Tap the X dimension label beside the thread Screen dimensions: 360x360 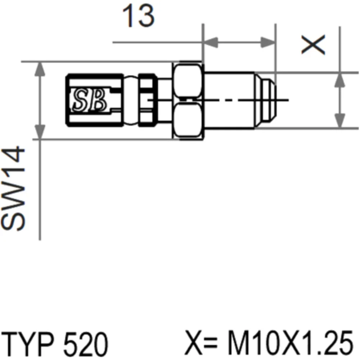tap(313, 45)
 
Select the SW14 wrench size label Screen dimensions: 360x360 tap(13, 188)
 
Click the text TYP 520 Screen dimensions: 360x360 tap(55, 343)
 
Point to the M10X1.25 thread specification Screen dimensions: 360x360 tap(291, 343)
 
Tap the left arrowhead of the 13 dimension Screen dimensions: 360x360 tap(211, 42)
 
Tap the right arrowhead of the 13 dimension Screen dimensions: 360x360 tap(268, 42)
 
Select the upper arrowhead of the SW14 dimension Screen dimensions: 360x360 tap(40, 69)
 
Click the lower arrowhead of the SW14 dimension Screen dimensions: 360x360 tap(40, 131)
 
